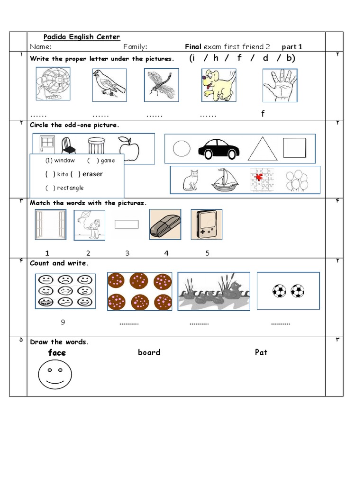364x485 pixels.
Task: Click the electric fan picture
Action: point(53,84)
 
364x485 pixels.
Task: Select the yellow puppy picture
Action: point(218,85)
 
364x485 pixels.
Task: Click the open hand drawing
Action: point(280,85)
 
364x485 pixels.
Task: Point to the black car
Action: point(218,149)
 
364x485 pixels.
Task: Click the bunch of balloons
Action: point(297,180)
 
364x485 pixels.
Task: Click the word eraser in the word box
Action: point(92,174)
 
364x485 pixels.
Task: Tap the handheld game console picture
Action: point(206,225)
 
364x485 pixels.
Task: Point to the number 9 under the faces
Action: point(63,323)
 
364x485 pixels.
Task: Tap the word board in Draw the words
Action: point(149,352)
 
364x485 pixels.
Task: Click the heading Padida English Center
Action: point(82,37)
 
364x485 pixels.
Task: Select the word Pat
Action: point(261,352)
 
